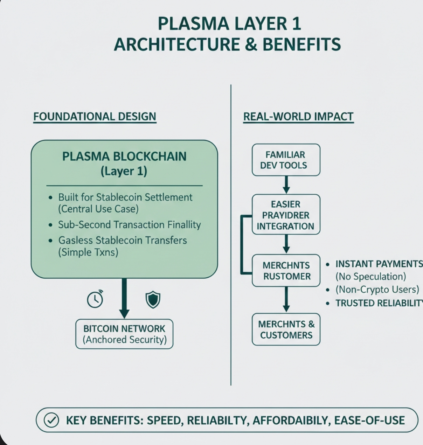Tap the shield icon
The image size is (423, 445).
click(153, 299)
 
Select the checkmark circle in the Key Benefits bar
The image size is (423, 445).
click(51, 420)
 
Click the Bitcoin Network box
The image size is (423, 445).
click(124, 334)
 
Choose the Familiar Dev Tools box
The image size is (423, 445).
click(286, 160)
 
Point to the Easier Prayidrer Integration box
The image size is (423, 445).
click(286, 214)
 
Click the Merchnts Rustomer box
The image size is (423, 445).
click(286, 271)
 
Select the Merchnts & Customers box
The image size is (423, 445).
click(286, 329)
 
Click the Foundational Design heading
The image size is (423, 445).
click(95, 117)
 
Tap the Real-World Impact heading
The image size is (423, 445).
click(298, 117)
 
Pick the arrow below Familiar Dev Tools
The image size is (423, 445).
click(286, 185)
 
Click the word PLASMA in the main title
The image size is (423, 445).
click(193, 23)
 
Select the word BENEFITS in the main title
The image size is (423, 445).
click(301, 44)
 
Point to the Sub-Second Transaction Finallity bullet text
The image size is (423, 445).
click(130, 224)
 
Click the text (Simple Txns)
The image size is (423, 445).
click(88, 252)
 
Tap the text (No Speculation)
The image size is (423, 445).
click(371, 276)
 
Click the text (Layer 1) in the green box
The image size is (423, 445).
click(124, 171)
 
